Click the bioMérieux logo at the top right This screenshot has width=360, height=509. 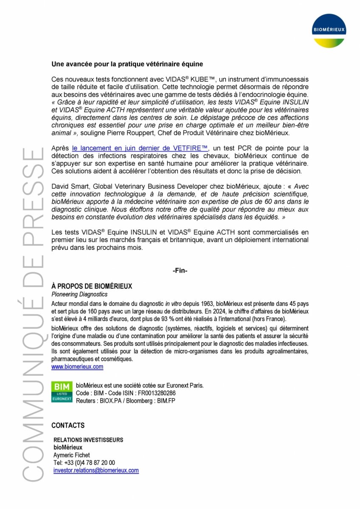[x=329, y=31]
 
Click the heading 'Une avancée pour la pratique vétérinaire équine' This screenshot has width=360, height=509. [x=127, y=64]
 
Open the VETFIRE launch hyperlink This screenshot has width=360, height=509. [x=140, y=148]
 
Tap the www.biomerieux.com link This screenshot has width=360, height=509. [x=77, y=366]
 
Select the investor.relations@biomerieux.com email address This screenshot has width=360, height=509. [x=96, y=470]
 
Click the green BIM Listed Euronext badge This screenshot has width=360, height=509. [x=62, y=392]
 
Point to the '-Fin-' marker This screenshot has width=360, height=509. [x=180, y=271]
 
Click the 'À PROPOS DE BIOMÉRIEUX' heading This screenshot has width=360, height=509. [x=92, y=286]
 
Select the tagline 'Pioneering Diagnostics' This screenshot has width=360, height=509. [x=79, y=294]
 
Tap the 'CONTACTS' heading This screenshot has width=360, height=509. [x=68, y=425]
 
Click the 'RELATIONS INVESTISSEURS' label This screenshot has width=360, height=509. [x=88, y=440]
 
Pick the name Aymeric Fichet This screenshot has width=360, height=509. [x=72, y=455]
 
